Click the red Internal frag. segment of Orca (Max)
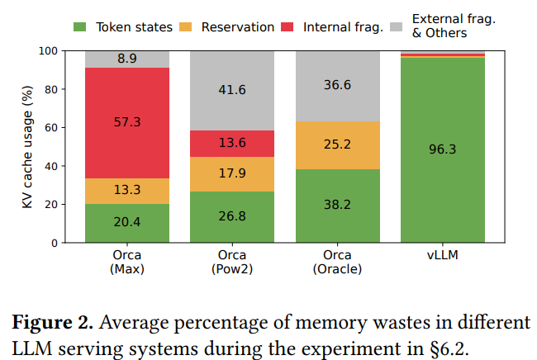point(127,122)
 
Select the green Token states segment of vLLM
point(443,149)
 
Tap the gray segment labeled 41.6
point(232,90)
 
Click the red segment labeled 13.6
point(232,143)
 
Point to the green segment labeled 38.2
point(337,206)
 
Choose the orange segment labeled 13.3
point(127,191)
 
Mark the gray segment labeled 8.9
point(127,59)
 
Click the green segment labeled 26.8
point(232,216)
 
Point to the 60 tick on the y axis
point(69,127)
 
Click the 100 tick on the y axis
point(65,50)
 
